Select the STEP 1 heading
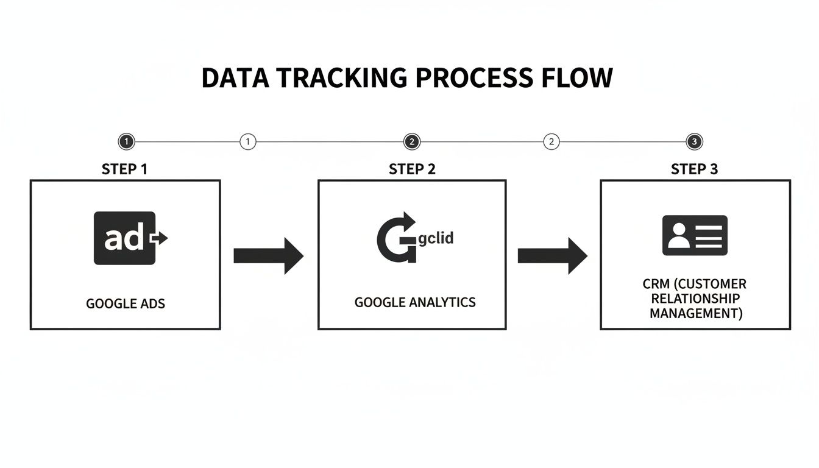125,169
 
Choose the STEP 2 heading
412,169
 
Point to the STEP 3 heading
694,169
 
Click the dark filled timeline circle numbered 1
126,142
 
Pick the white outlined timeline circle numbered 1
247,142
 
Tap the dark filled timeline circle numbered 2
412,142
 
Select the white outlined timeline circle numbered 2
551,142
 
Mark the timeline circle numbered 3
694,142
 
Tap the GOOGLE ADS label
126,303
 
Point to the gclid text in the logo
436,238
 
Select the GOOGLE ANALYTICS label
415,302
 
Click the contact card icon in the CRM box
695,235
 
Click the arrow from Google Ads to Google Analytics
268,256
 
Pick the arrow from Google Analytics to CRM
552,256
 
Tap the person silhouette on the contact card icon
677,236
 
